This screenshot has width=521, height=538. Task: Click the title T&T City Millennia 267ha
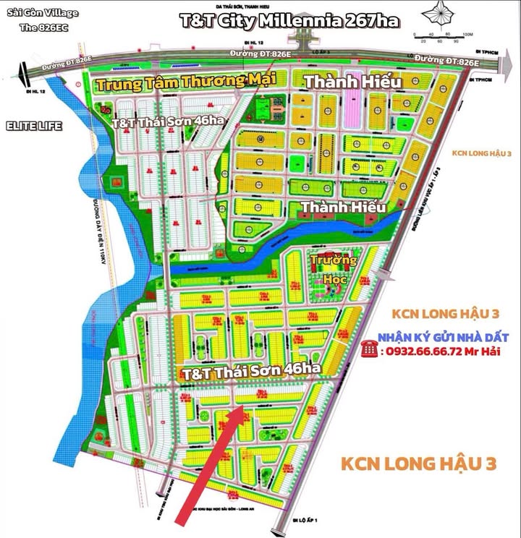[x=290, y=20]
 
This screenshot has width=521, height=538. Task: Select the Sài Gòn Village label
[x=43, y=14]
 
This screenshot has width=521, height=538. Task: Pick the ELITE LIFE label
[x=34, y=126]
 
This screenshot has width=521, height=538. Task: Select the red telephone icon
[x=370, y=350]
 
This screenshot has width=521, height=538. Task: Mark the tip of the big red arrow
[x=242, y=409]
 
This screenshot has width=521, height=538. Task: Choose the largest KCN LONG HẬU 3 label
[x=419, y=463]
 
